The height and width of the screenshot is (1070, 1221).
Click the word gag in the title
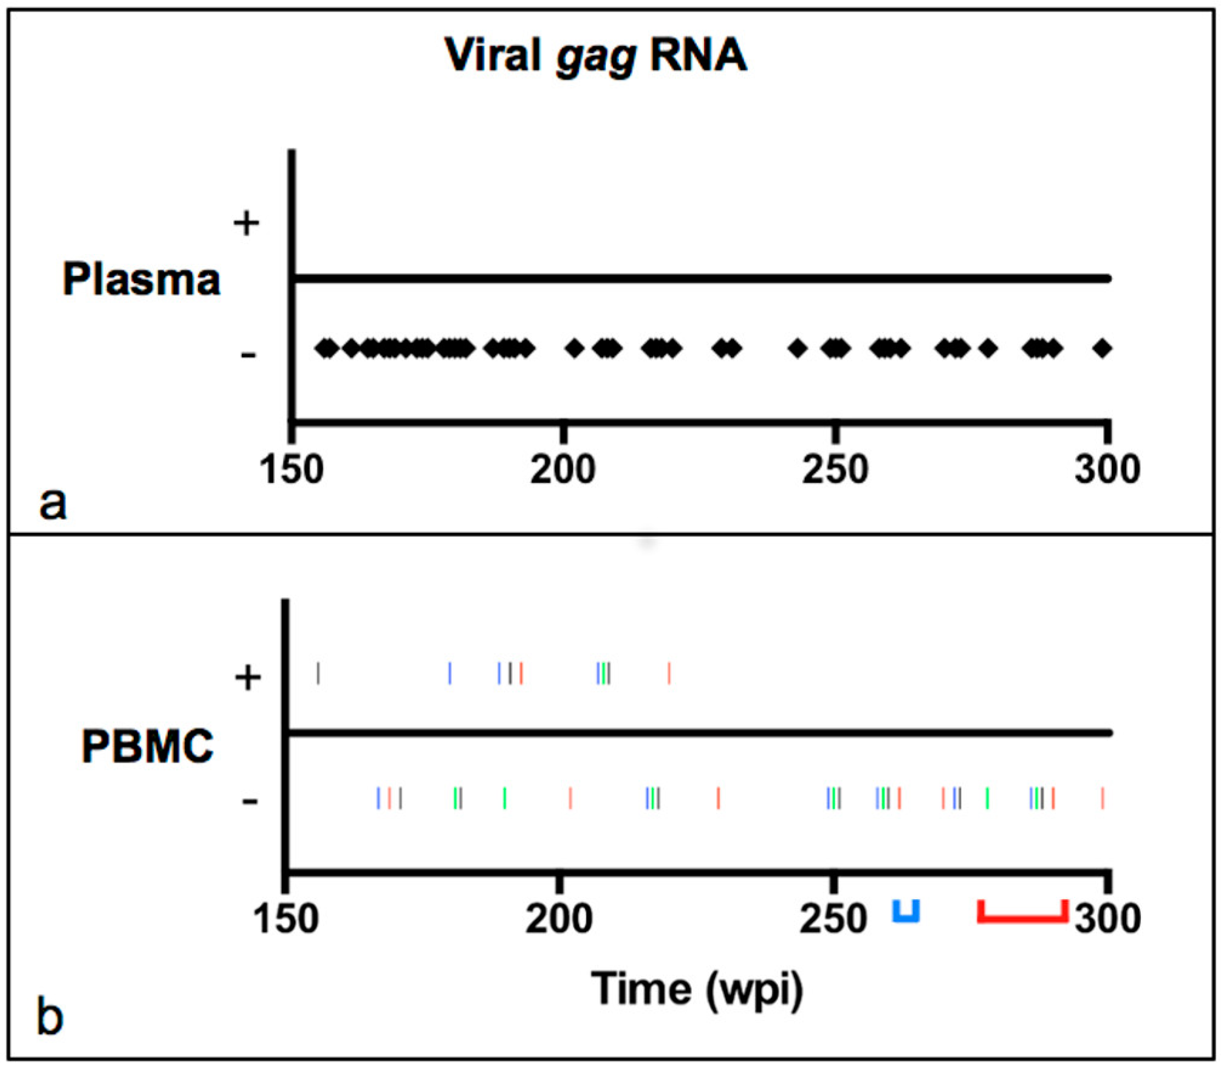coord(596,58)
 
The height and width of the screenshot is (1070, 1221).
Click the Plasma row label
coord(141,280)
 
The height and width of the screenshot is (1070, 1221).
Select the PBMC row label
coord(148,746)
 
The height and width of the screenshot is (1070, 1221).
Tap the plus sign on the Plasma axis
coord(246,223)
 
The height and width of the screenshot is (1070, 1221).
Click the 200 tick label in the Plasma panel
coord(563,470)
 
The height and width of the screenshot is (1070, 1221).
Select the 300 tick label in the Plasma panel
coord(1107,470)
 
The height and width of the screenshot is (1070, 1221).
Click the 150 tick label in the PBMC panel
coord(285,918)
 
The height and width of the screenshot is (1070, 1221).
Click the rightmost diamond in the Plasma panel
coord(1102,348)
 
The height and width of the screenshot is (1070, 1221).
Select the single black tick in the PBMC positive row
coord(318,673)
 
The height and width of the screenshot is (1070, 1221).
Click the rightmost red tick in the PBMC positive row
coord(669,673)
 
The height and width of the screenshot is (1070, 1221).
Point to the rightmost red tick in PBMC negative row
coord(1103,798)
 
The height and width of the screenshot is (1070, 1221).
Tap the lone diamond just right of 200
coord(575,348)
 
